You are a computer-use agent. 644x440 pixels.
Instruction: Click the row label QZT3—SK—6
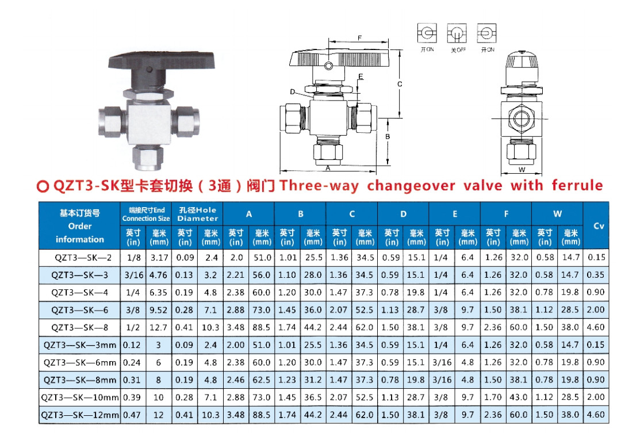[80, 310]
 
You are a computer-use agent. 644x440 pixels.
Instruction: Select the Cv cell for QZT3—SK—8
[596, 327]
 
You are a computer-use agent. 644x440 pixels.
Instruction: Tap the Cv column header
[599, 225]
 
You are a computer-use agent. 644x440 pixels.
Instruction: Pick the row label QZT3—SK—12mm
[80, 415]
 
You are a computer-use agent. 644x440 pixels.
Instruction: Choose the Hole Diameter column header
[198, 214]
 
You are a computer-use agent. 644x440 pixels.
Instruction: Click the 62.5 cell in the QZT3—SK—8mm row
[261, 380]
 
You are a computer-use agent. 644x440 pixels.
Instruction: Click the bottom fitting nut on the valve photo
[148, 158]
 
